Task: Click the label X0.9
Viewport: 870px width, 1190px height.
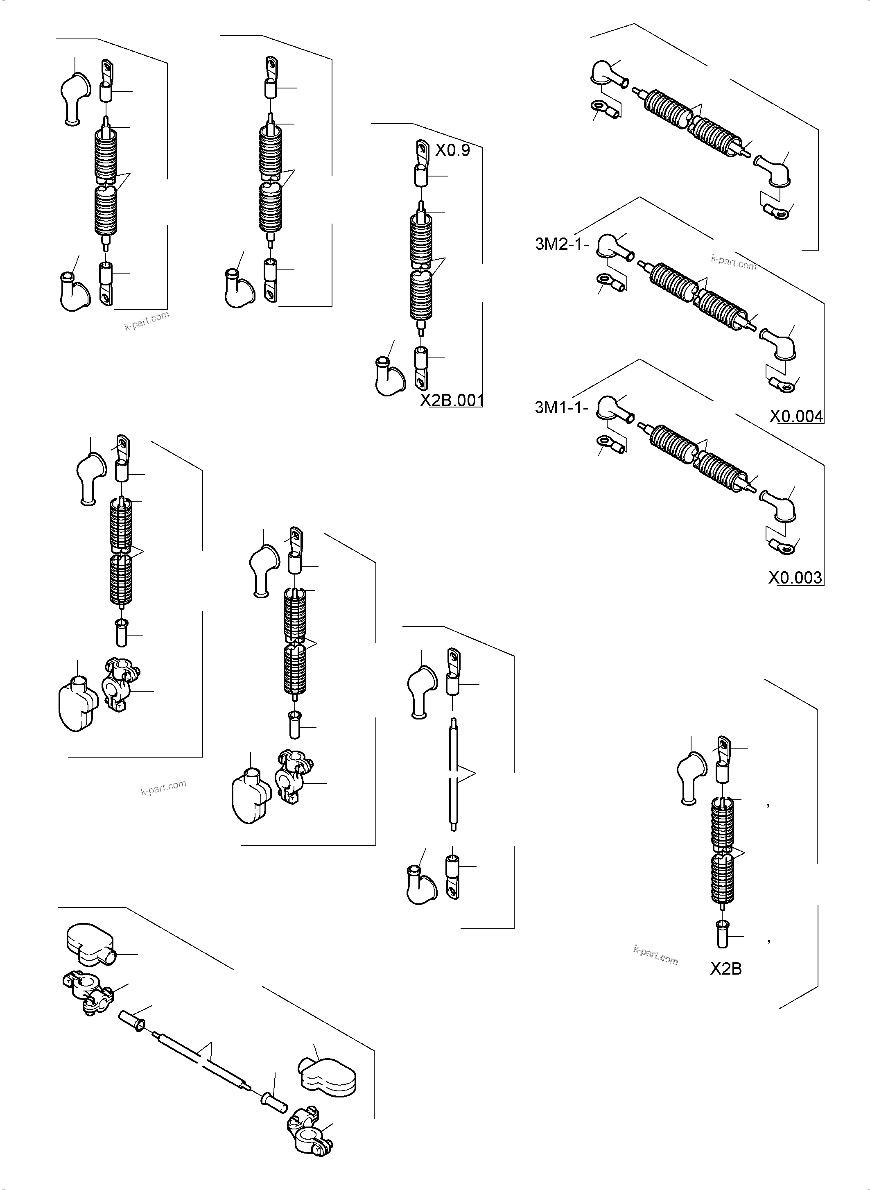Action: click(452, 151)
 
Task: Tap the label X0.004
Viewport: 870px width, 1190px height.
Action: click(796, 417)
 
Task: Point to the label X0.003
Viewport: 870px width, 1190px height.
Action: click(795, 578)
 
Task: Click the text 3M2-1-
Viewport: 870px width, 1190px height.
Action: click(561, 244)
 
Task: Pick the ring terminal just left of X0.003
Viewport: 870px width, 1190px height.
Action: click(781, 548)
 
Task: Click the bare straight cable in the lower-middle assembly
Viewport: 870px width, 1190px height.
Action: click(454, 774)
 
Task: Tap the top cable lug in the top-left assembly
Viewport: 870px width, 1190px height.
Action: click(107, 70)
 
